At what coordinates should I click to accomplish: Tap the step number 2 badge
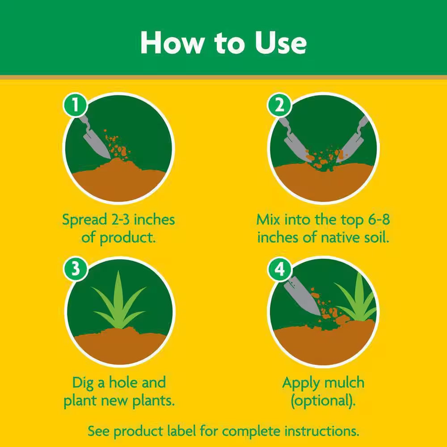pos(279,105)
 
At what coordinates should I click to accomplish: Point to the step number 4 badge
pos(279,269)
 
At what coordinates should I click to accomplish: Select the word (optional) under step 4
pos(323,401)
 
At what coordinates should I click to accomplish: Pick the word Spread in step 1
pos(84,220)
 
